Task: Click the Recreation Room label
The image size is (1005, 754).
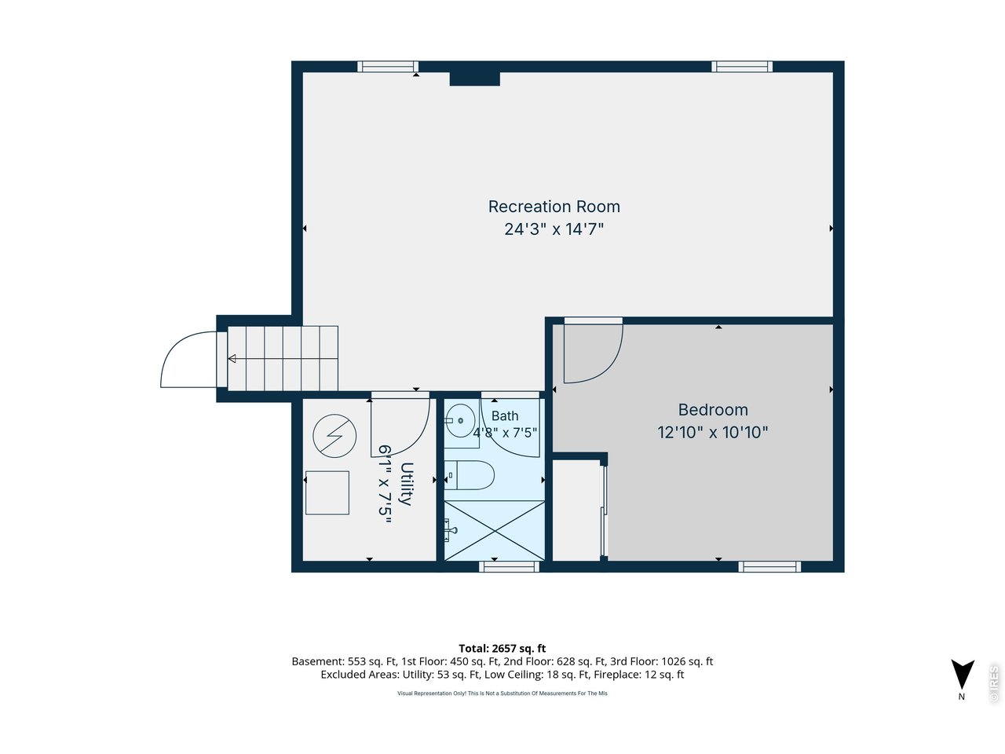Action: click(554, 207)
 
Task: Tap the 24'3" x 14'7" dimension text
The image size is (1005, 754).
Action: click(554, 229)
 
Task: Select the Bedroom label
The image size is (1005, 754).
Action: click(713, 410)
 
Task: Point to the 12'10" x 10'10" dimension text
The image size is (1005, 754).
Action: click(712, 432)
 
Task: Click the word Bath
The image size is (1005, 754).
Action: click(505, 415)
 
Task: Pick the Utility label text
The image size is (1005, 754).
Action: click(406, 484)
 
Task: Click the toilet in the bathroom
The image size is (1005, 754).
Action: click(470, 474)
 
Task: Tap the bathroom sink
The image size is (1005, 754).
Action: click(459, 419)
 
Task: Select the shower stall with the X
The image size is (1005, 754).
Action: click(495, 530)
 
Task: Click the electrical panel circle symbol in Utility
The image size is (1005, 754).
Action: click(334, 436)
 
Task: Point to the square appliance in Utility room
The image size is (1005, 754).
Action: click(327, 492)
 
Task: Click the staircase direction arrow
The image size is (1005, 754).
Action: click(232, 358)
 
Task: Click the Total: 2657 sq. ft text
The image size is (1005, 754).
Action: click(502, 648)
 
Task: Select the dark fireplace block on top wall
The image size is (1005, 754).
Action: click(474, 79)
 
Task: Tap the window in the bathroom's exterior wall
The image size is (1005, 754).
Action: click(509, 567)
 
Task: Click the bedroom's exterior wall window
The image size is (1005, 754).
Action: click(769, 567)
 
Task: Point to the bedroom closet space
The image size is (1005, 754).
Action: click(576, 510)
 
